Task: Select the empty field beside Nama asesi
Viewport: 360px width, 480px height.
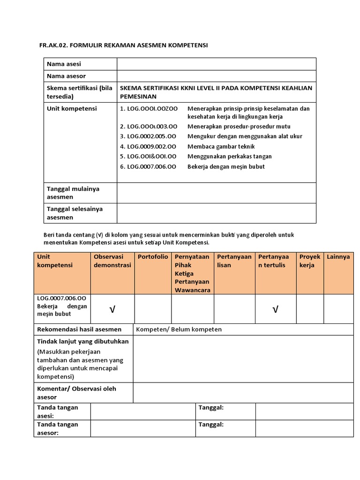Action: point(216,64)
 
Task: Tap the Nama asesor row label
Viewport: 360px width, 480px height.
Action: point(67,76)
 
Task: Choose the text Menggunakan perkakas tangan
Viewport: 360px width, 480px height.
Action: point(229,157)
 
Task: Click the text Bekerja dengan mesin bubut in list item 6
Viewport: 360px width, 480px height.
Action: point(226,166)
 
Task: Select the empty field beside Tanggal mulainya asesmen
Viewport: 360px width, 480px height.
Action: point(216,193)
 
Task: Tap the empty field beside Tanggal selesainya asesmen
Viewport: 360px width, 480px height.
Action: point(216,213)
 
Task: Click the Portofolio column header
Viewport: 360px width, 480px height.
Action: point(153,257)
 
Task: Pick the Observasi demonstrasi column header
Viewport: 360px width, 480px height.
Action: point(112,261)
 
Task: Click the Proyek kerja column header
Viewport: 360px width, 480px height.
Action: point(309,261)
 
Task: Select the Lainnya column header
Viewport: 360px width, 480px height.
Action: point(338,257)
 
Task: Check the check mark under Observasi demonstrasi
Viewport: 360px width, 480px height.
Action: point(112,309)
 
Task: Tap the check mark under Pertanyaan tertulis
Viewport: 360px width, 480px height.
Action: point(275,309)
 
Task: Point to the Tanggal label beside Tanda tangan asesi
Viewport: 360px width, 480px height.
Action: point(211,408)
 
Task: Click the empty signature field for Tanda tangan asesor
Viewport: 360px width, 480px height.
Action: point(143,428)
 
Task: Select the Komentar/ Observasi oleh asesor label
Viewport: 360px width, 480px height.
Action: point(76,393)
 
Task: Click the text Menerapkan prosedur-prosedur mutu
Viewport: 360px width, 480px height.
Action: point(239,127)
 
